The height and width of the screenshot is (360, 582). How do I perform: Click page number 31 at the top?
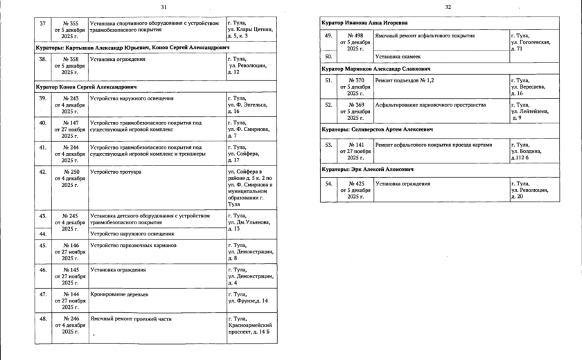164,7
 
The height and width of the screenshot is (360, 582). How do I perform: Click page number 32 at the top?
448,7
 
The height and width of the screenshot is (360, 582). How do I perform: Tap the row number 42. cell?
43,171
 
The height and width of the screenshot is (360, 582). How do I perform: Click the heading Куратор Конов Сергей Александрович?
86,87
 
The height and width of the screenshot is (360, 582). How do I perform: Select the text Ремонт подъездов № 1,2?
404,80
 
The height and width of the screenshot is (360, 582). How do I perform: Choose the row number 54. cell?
329,183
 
